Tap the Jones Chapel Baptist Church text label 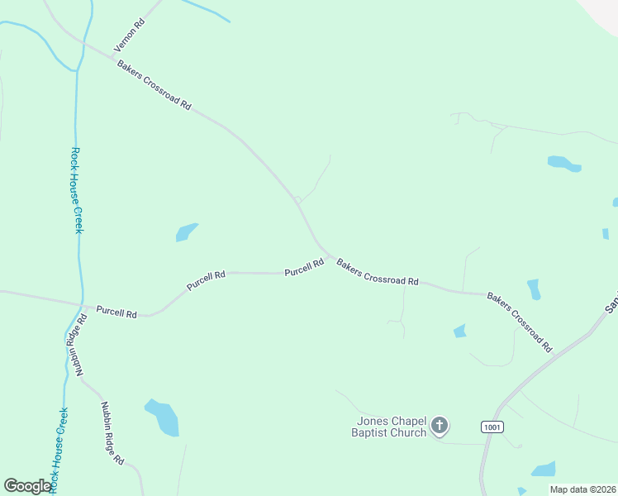(x=388, y=427)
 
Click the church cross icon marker (x=440, y=427)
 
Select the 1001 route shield (x=491, y=426)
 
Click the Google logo (x=27, y=486)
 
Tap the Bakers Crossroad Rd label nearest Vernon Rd (x=154, y=86)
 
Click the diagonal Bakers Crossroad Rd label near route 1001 (x=519, y=322)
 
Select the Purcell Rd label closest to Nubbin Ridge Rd (x=116, y=312)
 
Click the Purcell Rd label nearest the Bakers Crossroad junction (x=304, y=269)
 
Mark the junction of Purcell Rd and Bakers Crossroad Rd (x=330, y=256)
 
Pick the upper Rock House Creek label (x=76, y=190)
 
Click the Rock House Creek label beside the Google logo (x=58, y=451)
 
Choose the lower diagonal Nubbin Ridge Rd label (x=112, y=432)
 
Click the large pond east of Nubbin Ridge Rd (x=163, y=417)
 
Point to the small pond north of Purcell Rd (x=186, y=232)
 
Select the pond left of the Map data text (x=543, y=470)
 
